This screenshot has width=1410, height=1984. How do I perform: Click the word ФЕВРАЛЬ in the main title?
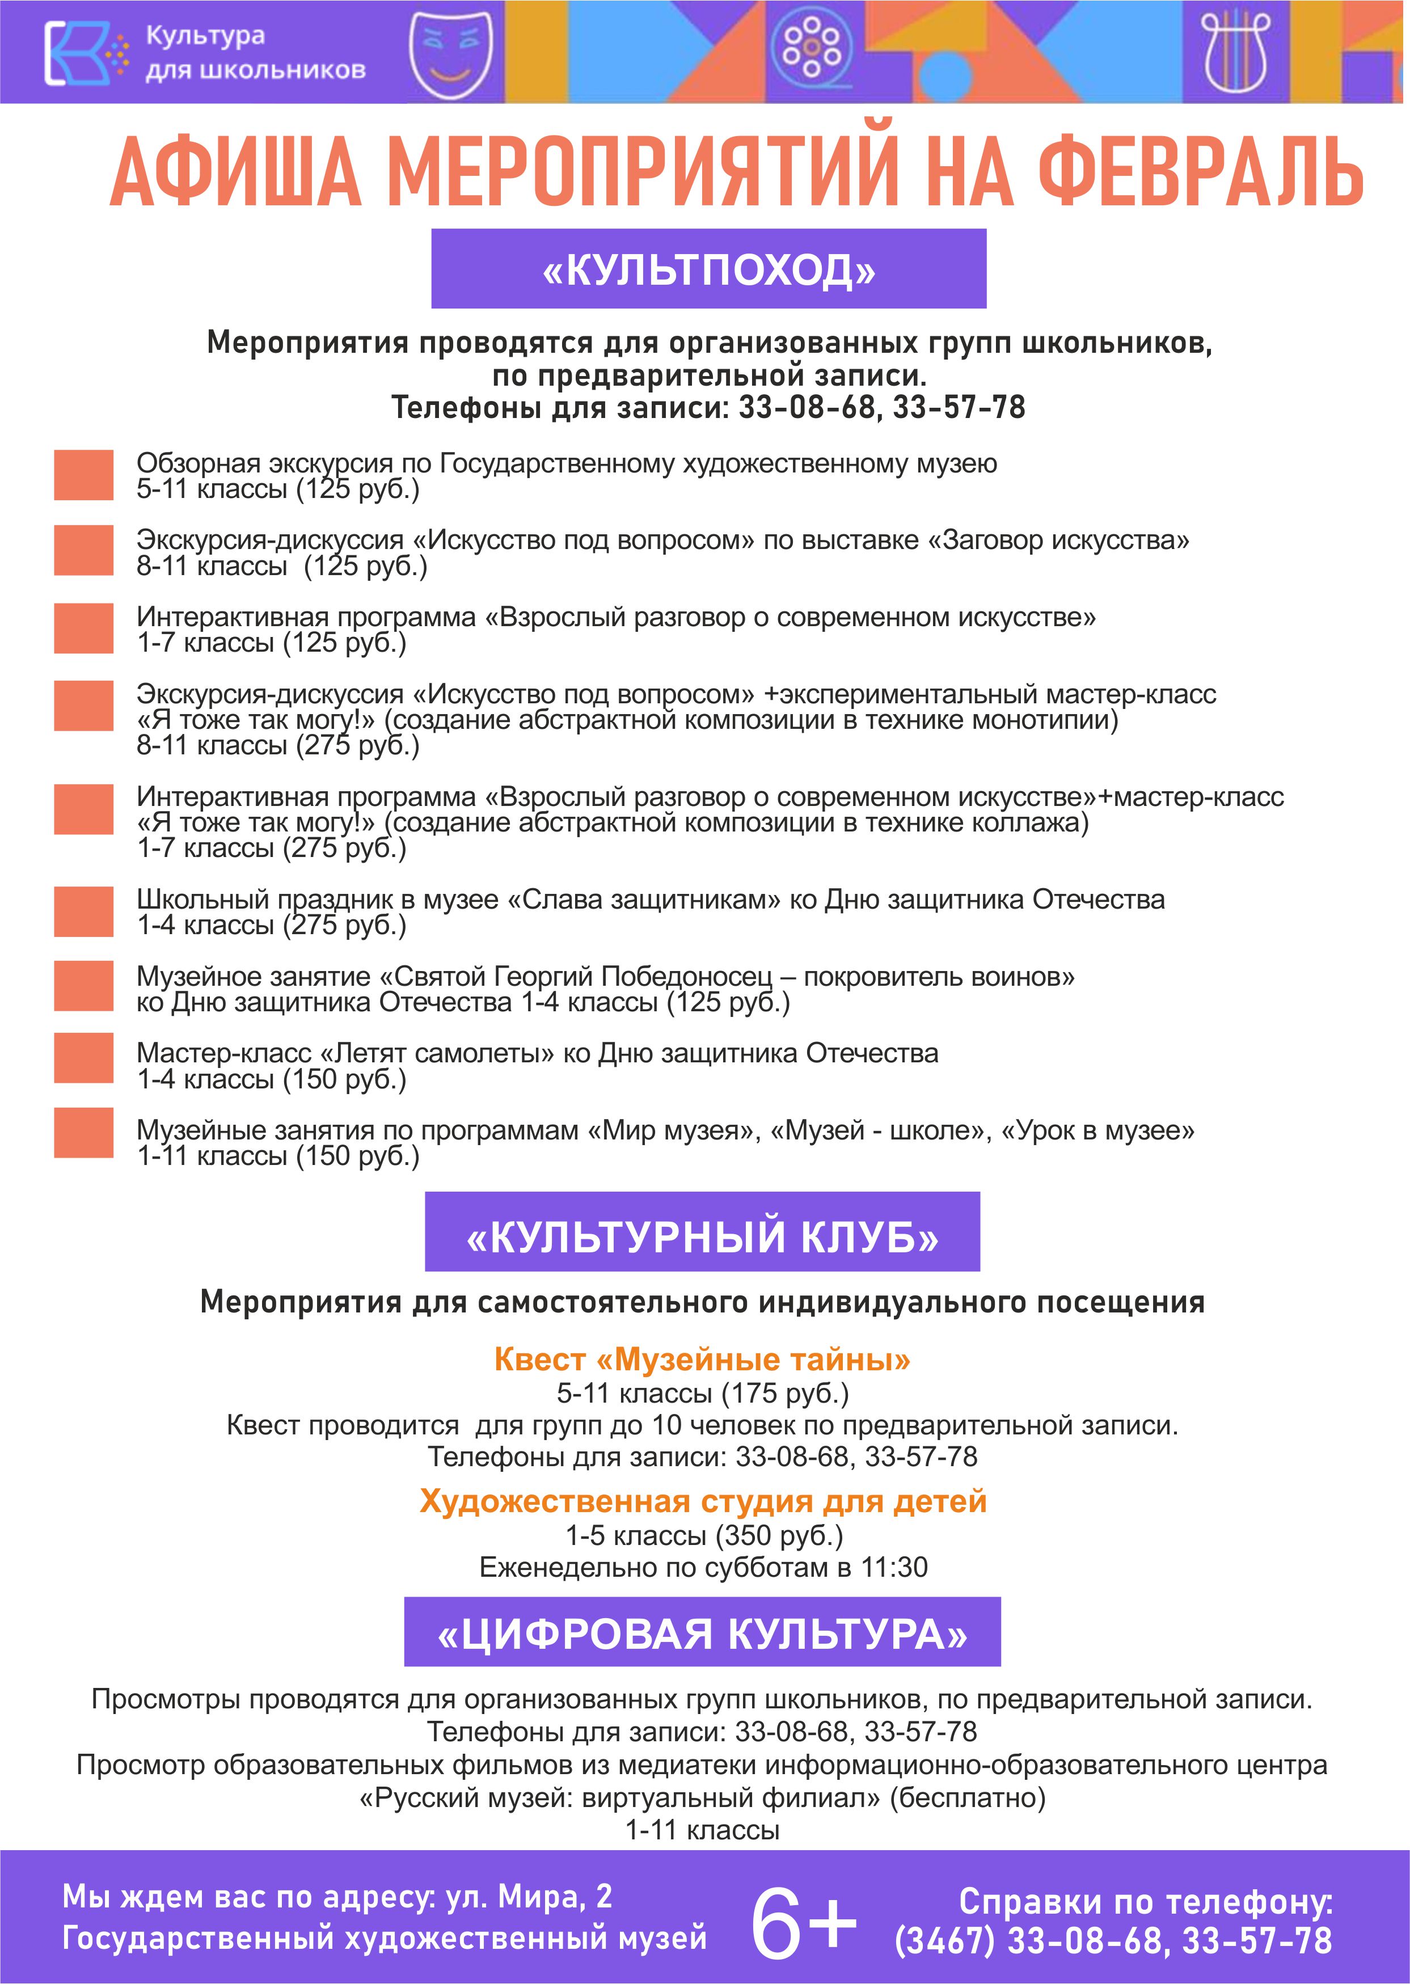[1200, 174]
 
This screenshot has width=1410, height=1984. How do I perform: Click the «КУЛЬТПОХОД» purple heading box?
[708, 269]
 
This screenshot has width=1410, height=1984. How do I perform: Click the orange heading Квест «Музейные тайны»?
[702, 1360]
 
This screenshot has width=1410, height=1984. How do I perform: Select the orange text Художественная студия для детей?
[702, 1501]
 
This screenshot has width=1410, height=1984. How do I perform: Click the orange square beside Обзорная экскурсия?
[83, 475]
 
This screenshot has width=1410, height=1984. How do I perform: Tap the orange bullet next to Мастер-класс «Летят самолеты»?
[83, 1058]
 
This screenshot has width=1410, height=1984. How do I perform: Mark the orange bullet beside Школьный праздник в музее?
[83, 911]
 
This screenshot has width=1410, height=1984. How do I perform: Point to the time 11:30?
[894, 1567]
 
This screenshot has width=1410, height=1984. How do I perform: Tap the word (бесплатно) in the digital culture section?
[967, 1797]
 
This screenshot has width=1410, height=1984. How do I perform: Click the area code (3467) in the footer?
[944, 1940]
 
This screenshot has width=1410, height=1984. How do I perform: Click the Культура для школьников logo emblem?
[77, 53]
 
